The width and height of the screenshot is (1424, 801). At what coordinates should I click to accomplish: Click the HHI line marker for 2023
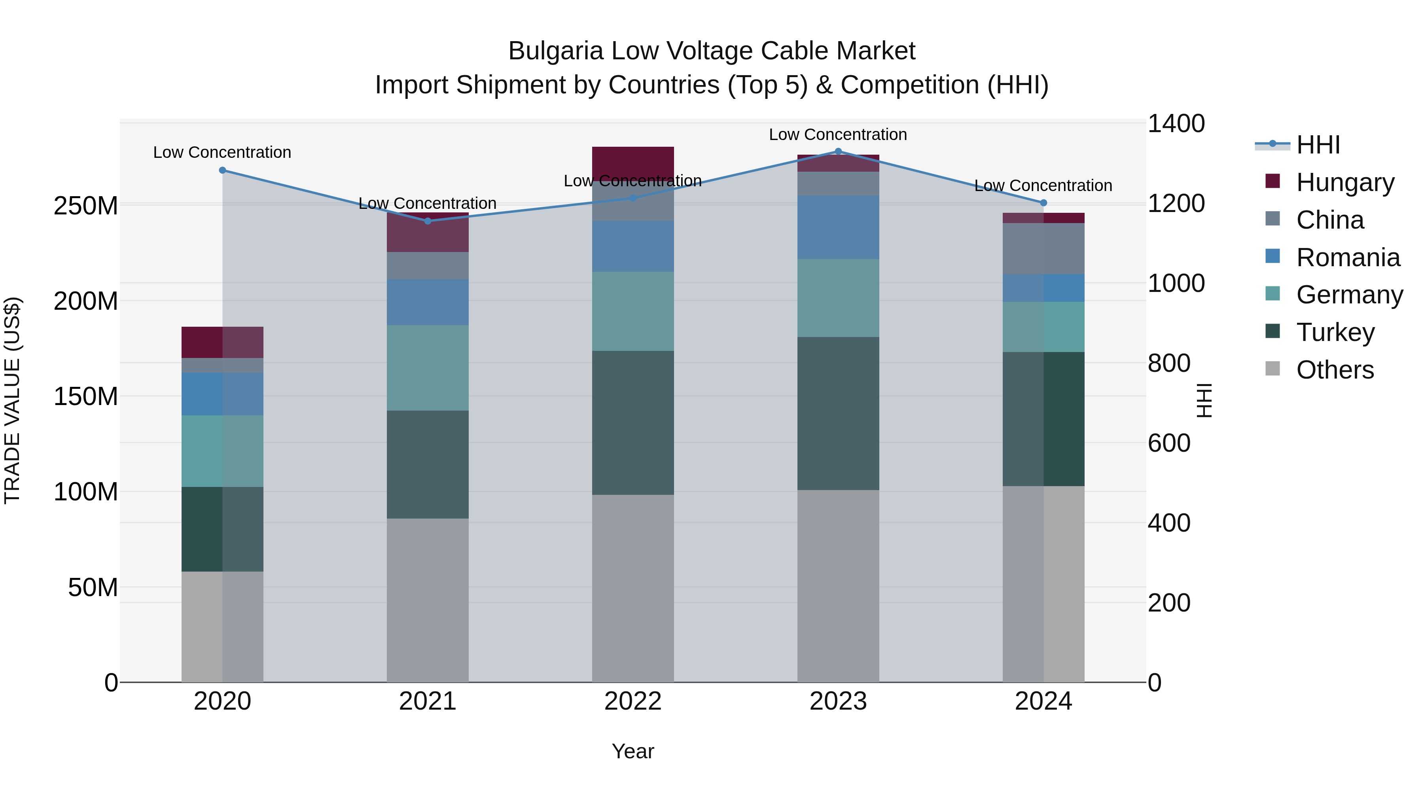pyautogui.click(x=838, y=151)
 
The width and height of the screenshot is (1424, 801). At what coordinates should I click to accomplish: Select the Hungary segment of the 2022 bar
pyautogui.click(x=633, y=160)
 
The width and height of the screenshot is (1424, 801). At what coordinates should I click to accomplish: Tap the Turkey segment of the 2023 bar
pyautogui.click(x=838, y=413)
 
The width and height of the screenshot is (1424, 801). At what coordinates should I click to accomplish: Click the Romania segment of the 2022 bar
pyautogui.click(x=633, y=246)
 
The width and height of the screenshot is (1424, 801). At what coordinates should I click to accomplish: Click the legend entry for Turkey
pyautogui.click(x=1335, y=332)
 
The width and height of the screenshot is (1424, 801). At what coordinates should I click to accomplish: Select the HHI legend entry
pyautogui.click(x=1318, y=145)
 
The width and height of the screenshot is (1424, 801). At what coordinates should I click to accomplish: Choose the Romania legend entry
pyautogui.click(x=1348, y=258)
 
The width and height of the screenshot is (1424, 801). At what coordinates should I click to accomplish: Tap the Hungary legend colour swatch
pyautogui.click(x=1273, y=181)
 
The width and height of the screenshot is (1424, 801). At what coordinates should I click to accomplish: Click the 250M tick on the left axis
pyautogui.click(x=86, y=206)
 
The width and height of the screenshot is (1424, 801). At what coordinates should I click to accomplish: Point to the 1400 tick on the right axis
pyautogui.click(x=1176, y=123)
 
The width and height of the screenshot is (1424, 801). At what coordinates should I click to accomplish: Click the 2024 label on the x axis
pyautogui.click(x=1043, y=701)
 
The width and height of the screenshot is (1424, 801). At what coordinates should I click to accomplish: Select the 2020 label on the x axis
pyautogui.click(x=222, y=701)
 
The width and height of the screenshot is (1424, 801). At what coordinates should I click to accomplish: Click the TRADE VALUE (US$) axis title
pyautogui.click(x=12, y=400)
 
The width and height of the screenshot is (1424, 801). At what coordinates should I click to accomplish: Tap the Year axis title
pyautogui.click(x=633, y=751)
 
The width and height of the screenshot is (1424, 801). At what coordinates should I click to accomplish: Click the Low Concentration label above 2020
pyautogui.click(x=222, y=153)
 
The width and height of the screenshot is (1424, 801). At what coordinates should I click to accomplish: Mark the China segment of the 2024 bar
pyautogui.click(x=1043, y=249)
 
